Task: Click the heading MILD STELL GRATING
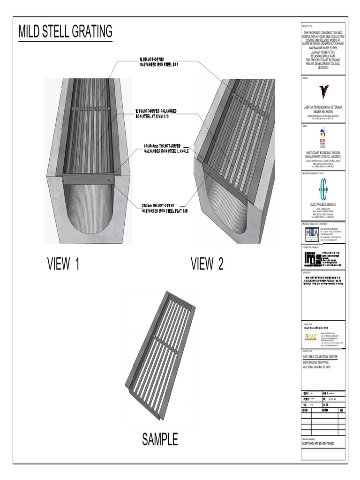65,32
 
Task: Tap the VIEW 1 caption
63,264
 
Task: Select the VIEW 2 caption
207,264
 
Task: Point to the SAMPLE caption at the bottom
160,439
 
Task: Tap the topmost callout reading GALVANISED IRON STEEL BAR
159,62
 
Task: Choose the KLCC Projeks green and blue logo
322,188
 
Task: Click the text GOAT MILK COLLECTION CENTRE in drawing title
322,357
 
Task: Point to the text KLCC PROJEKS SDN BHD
322,205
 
